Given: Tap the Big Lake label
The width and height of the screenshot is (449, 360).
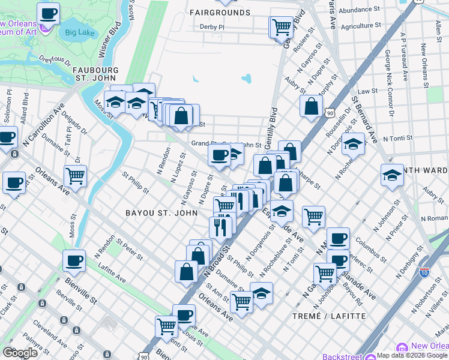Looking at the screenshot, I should pyautogui.click(x=79, y=32).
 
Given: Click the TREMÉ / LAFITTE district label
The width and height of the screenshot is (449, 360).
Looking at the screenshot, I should pyautogui.click(x=328, y=316).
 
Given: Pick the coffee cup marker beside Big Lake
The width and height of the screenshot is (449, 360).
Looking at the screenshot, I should pyautogui.click(x=49, y=13).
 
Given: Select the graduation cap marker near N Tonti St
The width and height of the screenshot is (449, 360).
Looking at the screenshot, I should pyautogui.click(x=354, y=144).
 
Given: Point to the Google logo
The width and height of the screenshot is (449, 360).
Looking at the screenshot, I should pyautogui.click(x=20, y=353).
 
